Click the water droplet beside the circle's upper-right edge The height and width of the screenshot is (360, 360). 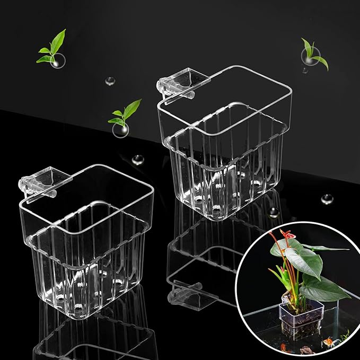point(327,199)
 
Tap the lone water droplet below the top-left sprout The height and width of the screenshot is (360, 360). point(110,81)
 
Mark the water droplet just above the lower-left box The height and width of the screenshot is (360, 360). point(138,159)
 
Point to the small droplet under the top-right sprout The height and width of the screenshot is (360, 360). point(305,69)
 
